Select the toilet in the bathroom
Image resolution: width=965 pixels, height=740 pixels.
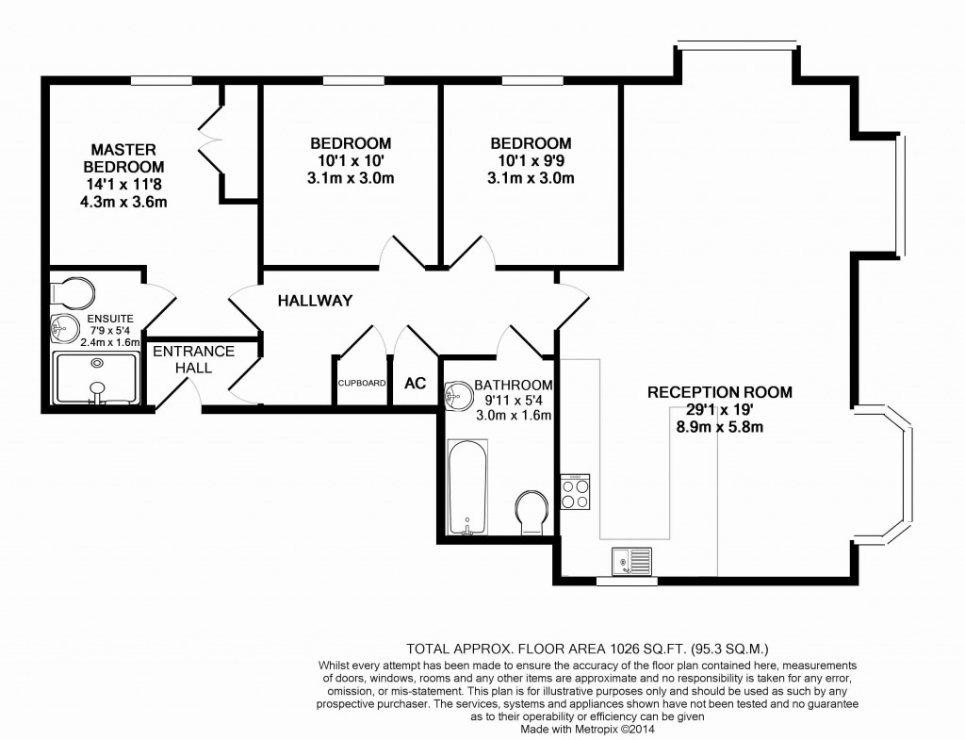[x=532, y=511]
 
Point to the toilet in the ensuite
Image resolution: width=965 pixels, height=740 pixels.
[x=72, y=291]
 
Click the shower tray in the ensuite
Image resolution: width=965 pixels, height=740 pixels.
[x=95, y=379]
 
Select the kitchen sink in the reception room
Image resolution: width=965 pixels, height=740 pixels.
[x=630, y=563]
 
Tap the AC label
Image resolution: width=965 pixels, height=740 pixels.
[x=415, y=384]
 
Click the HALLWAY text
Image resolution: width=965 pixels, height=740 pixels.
[x=315, y=302]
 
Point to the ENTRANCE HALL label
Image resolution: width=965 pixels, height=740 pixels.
[x=193, y=359]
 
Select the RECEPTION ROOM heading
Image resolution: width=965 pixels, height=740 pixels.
[x=719, y=392]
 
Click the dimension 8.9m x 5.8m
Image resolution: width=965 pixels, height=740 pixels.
[x=719, y=426]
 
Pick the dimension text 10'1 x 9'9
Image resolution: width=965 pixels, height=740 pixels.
[x=531, y=160]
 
